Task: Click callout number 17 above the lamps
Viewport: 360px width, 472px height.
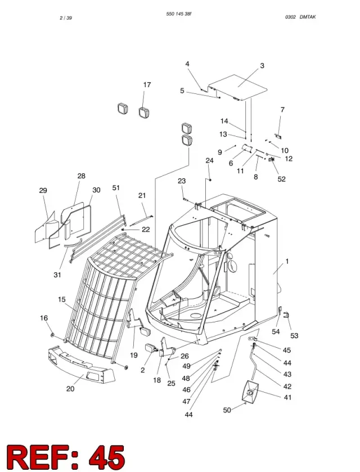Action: [147, 85]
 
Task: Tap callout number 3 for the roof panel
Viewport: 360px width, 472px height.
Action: [262, 66]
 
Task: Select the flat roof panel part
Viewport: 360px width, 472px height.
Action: [237, 87]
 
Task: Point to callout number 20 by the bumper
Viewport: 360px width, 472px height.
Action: [70, 389]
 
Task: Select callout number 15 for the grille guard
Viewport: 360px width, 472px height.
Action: [62, 299]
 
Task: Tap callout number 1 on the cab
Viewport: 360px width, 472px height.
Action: [287, 261]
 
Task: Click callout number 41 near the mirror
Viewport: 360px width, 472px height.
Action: [288, 397]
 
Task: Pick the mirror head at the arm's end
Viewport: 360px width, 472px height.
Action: [250, 391]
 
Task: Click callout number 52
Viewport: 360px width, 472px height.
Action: [281, 179]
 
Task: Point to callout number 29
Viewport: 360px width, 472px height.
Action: [43, 191]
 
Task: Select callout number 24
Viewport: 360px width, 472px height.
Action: [209, 161]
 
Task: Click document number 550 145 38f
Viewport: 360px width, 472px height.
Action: [179, 14]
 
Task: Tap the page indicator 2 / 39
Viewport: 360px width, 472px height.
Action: [66, 18]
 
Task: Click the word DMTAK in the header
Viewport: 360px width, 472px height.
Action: [308, 17]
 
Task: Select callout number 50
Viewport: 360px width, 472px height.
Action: [227, 410]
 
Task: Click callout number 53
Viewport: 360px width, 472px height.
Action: [294, 335]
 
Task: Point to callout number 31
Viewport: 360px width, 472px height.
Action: [57, 275]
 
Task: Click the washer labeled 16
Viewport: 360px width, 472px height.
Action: [52, 335]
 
